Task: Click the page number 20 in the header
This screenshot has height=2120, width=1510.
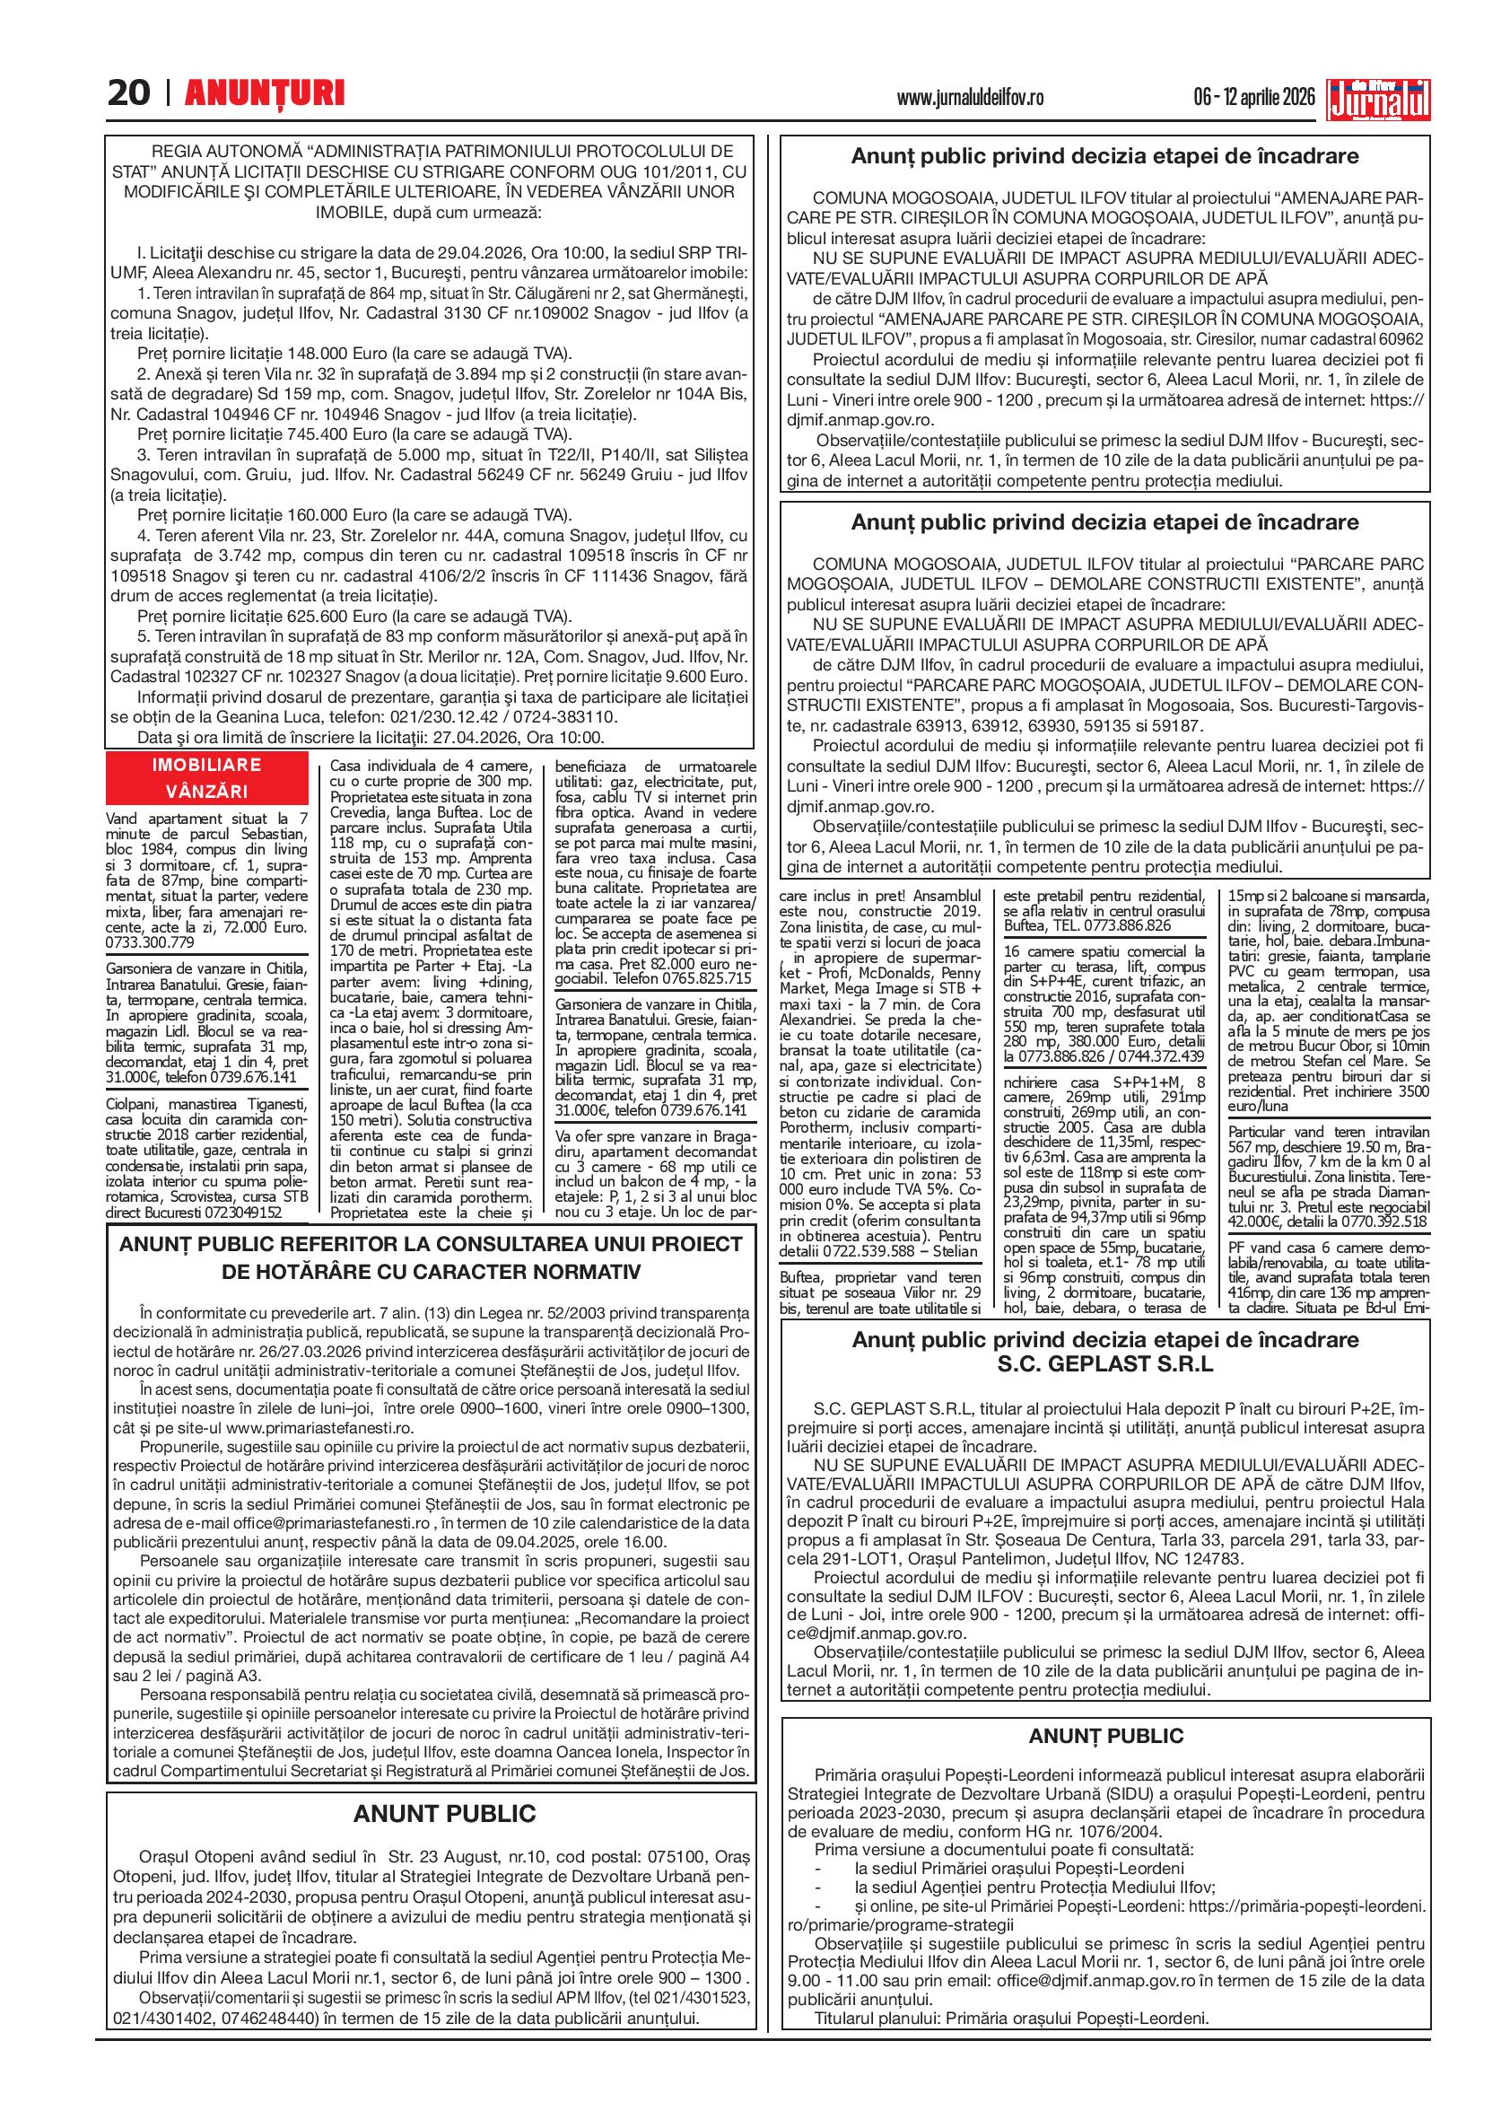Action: tap(129, 93)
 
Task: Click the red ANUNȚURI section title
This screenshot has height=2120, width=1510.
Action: tap(265, 93)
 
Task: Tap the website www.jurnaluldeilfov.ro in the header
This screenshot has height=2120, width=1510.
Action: tap(971, 97)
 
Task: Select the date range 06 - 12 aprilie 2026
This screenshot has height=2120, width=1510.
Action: tap(1254, 97)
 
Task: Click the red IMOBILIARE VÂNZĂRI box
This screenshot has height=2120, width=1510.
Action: tap(206, 778)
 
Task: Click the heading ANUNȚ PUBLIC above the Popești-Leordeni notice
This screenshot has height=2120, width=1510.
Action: tap(1105, 1735)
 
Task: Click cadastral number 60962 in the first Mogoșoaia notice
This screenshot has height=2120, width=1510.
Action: tap(1398, 339)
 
